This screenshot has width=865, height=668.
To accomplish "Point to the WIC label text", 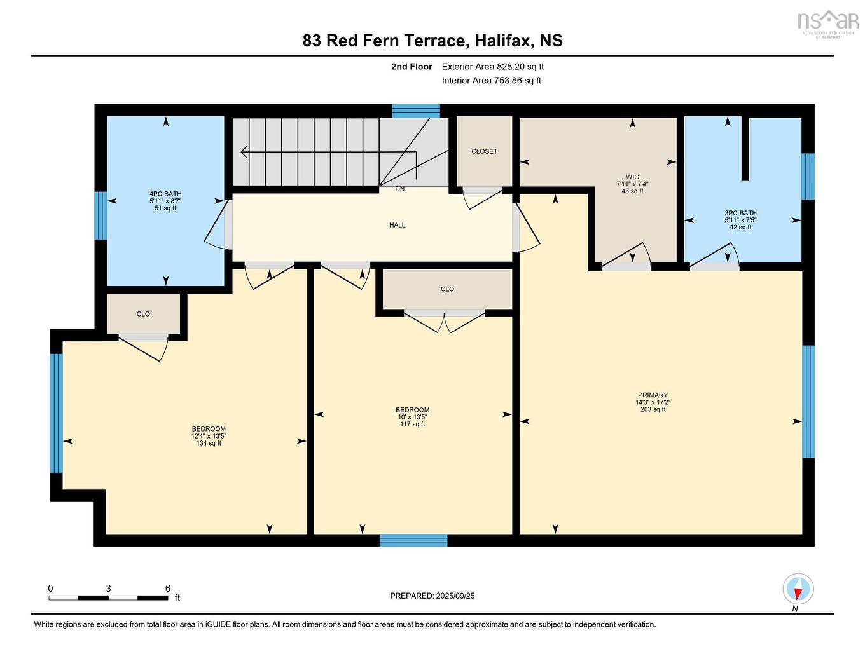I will [632, 177].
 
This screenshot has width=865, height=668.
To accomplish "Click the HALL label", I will [397, 225].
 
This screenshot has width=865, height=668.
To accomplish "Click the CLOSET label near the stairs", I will [484, 151].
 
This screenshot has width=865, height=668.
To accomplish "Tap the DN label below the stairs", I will [399, 189].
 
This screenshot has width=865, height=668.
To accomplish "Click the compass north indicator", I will [798, 590].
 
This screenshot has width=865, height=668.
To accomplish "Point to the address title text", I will [432, 41].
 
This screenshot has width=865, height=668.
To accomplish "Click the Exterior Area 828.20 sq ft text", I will [492, 67].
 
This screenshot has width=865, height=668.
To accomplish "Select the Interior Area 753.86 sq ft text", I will [491, 81].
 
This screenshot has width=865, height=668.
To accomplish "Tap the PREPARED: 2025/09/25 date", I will [432, 596].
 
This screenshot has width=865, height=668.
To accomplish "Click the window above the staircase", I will [415, 111].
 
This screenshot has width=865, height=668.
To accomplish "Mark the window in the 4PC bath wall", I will [100, 215].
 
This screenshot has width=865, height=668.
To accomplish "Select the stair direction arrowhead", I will [244, 152].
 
